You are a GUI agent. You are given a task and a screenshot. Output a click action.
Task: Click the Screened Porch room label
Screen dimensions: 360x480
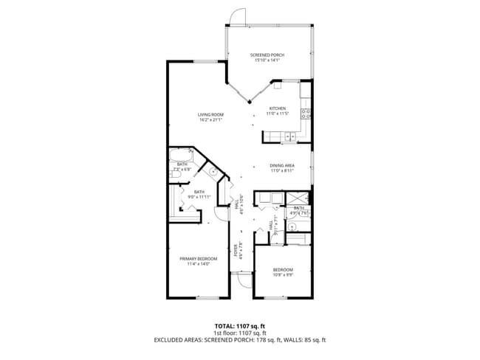pos(267,55)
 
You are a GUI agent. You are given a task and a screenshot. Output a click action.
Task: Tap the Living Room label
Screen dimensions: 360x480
pos(210,114)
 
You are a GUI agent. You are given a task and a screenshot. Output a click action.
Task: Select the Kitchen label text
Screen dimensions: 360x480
pos(277,108)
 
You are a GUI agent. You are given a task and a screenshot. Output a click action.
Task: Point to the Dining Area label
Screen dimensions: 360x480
pos(282,165)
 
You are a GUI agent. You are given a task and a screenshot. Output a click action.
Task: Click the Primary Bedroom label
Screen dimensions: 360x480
pos(198,258)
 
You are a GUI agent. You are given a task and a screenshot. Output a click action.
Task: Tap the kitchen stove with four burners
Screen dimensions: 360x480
pos(306,114)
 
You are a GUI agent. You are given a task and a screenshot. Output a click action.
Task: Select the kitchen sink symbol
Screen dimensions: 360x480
pos(289,136)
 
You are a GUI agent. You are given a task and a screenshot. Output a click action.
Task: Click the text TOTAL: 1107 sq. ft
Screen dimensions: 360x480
pos(240,325)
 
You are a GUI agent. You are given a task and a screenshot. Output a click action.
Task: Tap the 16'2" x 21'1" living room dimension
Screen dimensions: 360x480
pos(210,120)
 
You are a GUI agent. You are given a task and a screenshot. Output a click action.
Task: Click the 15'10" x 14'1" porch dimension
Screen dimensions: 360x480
pos(267,60)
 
